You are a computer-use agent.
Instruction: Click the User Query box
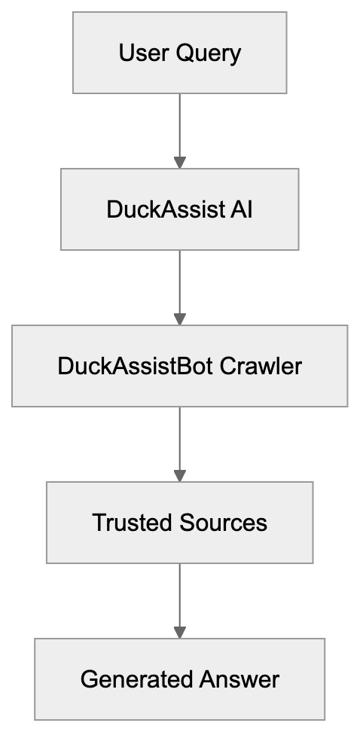(x=179, y=53)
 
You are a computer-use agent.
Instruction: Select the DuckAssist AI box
(x=179, y=209)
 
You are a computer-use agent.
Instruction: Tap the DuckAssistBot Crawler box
(x=179, y=366)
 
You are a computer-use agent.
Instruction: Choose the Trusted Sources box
(x=179, y=523)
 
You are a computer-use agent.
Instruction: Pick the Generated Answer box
(x=179, y=679)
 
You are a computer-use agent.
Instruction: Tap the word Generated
(x=136, y=679)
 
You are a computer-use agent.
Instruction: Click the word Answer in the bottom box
(x=239, y=679)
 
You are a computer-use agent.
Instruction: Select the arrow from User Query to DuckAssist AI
(x=179, y=128)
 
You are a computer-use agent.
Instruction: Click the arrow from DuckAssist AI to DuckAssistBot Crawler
(x=179, y=285)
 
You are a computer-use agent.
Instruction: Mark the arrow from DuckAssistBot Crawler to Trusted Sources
(x=179, y=441)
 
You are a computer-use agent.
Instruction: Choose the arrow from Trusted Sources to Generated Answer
(x=179, y=598)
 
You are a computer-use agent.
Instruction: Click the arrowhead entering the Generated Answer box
(x=179, y=632)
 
